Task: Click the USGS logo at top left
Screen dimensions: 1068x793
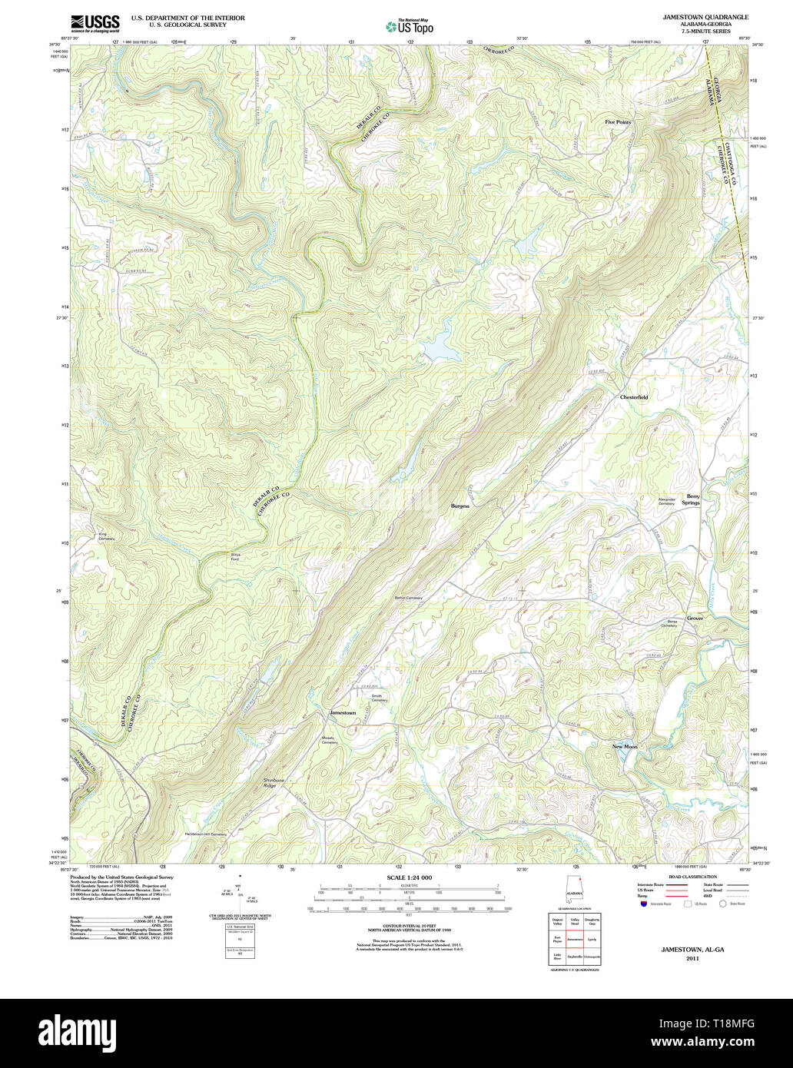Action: coord(95,23)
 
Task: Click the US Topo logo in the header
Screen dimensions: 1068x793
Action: coord(409,26)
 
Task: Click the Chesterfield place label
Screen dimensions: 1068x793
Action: coord(634,397)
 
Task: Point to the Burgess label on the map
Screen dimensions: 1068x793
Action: coord(460,506)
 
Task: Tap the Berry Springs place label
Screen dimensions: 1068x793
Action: coord(693,499)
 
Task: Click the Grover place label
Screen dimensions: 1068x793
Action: coord(695,618)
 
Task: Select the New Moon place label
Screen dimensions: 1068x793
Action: coord(624,747)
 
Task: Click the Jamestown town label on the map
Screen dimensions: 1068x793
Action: coord(342,713)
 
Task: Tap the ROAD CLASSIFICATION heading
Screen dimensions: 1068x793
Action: coord(692,877)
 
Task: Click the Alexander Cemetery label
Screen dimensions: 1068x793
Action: coord(665,500)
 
